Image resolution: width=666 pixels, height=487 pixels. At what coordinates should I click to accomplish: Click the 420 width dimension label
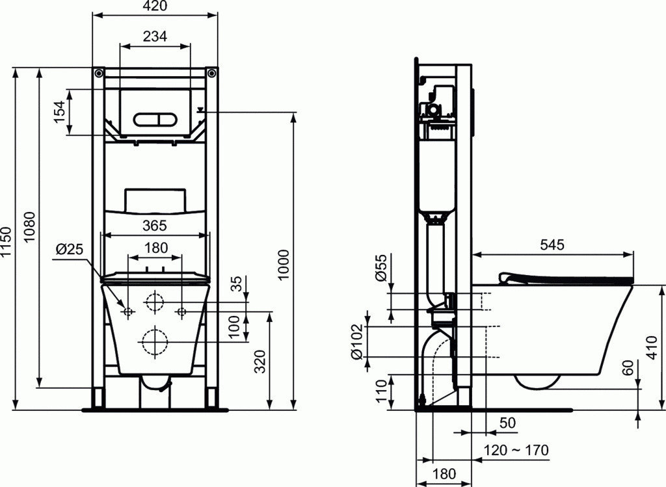point(155,5)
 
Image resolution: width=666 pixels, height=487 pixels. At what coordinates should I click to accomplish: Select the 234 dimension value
point(155,36)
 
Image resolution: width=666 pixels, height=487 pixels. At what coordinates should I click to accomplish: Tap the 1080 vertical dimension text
point(29,227)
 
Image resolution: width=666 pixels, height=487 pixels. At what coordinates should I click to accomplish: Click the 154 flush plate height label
point(60,112)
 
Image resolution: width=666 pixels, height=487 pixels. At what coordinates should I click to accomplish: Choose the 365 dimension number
point(155,226)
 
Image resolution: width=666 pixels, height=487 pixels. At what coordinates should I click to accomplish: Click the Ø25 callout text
point(69,248)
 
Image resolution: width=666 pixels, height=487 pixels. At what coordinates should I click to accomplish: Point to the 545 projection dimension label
point(552,244)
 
